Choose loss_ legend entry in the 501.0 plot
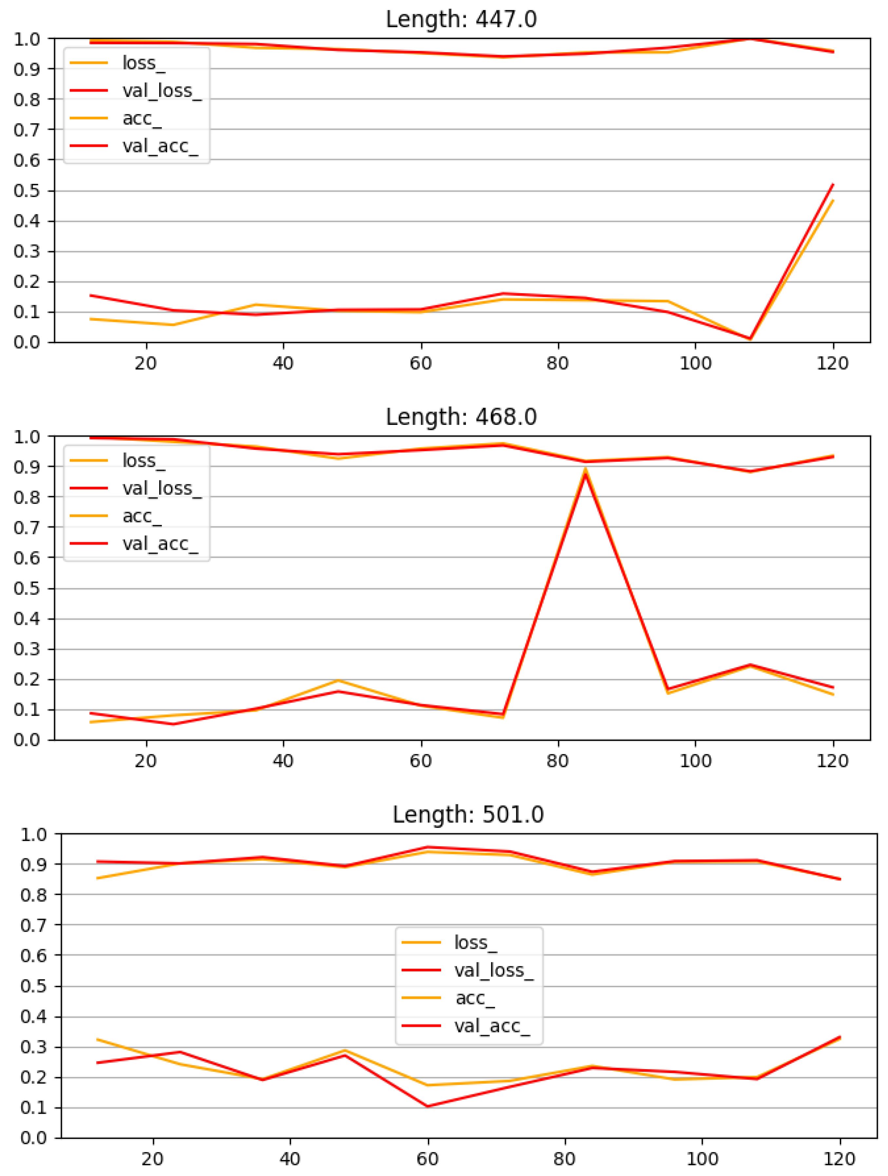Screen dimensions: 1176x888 (x=475, y=943)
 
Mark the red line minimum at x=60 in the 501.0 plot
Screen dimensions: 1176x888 (x=428, y=1106)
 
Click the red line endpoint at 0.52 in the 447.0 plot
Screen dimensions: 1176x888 (x=833, y=185)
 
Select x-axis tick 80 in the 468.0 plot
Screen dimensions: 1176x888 (x=557, y=761)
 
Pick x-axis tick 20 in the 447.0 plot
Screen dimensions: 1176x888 (x=145, y=364)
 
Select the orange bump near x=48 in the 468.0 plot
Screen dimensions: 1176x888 (x=338, y=681)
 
